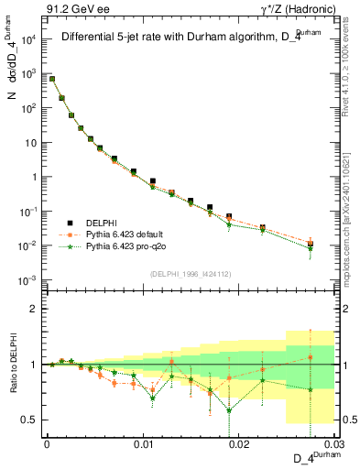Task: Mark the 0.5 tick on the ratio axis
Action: tap(33, 420)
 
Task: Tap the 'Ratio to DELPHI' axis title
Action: tap(12, 364)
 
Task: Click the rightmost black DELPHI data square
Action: tap(311, 244)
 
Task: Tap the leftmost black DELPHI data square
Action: tap(52, 79)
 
